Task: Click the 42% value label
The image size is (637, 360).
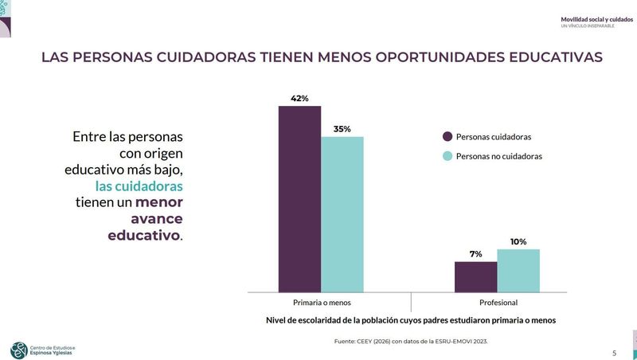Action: [299, 99]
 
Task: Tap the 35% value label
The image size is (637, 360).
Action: [342, 129]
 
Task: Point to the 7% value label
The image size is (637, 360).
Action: [475, 254]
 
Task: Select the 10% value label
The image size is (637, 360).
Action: [518, 241]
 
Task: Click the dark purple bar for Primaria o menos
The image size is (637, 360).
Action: [299, 199]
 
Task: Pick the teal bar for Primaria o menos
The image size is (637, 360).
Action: [342, 215]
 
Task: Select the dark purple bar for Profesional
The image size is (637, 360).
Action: [475, 277]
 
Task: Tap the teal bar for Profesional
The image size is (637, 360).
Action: [518, 271]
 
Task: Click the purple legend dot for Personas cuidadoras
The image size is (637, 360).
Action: [447, 137]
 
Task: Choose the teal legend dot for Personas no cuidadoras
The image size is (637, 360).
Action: [447, 156]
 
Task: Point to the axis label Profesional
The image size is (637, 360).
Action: [498, 303]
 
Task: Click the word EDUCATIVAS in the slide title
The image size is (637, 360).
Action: [549, 57]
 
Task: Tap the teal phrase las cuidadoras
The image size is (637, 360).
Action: [139, 186]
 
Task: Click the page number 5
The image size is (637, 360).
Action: [614, 353]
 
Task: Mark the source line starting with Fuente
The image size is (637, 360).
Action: [410, 341]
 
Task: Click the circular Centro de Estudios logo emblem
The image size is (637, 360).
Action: [18, 350]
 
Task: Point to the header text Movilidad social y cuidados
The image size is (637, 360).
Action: [597, 19]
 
